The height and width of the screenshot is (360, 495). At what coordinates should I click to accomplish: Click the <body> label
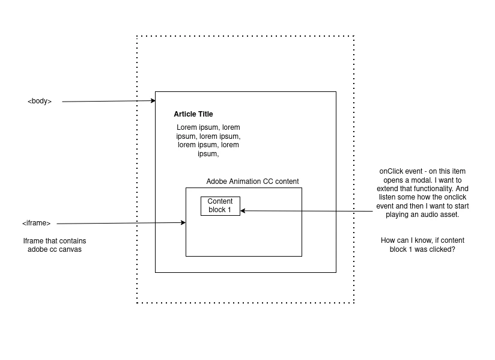[40, 101]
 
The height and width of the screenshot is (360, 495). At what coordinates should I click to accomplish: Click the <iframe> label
[36, 224]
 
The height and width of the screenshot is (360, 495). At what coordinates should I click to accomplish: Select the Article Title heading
[193, 114]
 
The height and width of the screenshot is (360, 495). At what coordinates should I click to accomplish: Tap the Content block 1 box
[220, 206]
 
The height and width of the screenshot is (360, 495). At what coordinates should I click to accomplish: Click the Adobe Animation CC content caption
[252, 182]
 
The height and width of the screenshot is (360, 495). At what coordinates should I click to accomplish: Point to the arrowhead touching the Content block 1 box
[243, 210]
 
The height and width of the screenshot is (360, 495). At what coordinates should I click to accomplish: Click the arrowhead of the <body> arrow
[153, 101]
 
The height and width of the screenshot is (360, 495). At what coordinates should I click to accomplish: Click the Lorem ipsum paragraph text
[208, 141]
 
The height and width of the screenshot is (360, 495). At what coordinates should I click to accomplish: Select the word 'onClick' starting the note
[392, 172]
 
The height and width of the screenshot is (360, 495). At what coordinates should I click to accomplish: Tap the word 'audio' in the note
[422, 215]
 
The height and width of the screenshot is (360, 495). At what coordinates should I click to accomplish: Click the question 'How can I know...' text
[422, 245]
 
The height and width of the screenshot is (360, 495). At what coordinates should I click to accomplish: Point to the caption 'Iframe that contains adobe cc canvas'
[54, 245]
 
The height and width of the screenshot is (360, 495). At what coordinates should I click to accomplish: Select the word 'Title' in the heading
[205, 114]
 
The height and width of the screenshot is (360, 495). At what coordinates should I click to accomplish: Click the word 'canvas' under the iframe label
[70, 249]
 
